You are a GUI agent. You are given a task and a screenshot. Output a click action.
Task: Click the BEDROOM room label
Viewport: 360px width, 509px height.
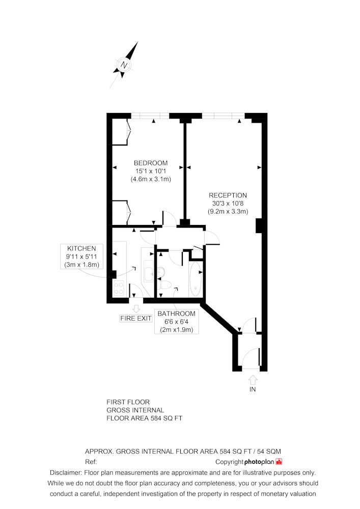151,163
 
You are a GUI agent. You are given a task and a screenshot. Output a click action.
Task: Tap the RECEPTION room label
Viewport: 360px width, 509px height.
228,195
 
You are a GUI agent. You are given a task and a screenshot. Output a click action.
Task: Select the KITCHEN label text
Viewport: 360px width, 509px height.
81,248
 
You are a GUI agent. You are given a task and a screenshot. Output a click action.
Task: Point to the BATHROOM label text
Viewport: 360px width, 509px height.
177,314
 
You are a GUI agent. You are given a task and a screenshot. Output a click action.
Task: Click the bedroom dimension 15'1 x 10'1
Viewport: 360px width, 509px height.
151,171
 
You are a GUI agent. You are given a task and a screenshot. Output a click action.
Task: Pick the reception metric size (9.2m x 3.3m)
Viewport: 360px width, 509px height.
228,212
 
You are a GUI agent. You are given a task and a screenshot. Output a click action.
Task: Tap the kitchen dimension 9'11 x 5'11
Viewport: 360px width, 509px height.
81,257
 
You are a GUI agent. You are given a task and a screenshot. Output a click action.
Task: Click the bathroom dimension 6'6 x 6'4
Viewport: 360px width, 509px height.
177,322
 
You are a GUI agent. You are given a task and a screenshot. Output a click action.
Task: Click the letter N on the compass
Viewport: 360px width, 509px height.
124,65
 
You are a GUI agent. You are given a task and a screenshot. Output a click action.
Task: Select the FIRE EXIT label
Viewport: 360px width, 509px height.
135,319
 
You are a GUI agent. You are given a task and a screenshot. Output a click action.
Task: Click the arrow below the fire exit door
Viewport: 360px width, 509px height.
136,308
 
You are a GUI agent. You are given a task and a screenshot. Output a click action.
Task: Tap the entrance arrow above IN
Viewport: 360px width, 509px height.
253,380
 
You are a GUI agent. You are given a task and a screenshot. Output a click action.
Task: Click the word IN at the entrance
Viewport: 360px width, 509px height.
253,389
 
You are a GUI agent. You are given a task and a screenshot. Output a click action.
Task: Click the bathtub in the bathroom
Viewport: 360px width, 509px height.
195,279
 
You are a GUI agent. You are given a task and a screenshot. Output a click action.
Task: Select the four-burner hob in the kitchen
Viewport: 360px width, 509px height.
119,288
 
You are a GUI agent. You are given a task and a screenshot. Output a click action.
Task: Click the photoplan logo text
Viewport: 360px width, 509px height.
259,462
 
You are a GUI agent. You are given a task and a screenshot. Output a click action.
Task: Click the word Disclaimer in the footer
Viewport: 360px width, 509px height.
65,473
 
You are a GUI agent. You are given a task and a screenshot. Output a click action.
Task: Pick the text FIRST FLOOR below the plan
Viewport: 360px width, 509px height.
128,402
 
